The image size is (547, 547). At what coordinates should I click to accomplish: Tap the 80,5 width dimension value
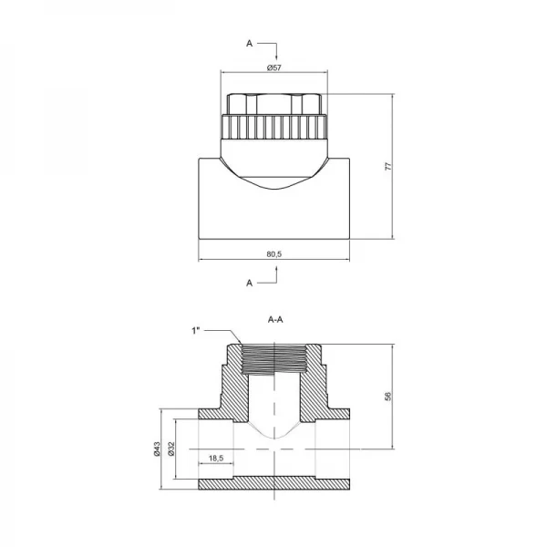pos(273,254)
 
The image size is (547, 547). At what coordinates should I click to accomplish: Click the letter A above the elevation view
pos(248,42)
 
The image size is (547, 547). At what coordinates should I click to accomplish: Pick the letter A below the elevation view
pos(249,284)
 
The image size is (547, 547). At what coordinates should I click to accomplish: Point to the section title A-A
pos(273,320)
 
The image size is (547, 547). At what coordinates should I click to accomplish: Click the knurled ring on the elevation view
pos(273,127)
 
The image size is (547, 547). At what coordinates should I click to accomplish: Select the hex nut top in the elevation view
pos(273,103)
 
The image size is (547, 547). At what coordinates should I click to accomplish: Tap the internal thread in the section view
pos(273,360)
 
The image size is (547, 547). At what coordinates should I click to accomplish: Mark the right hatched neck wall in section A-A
pos(317,383)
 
